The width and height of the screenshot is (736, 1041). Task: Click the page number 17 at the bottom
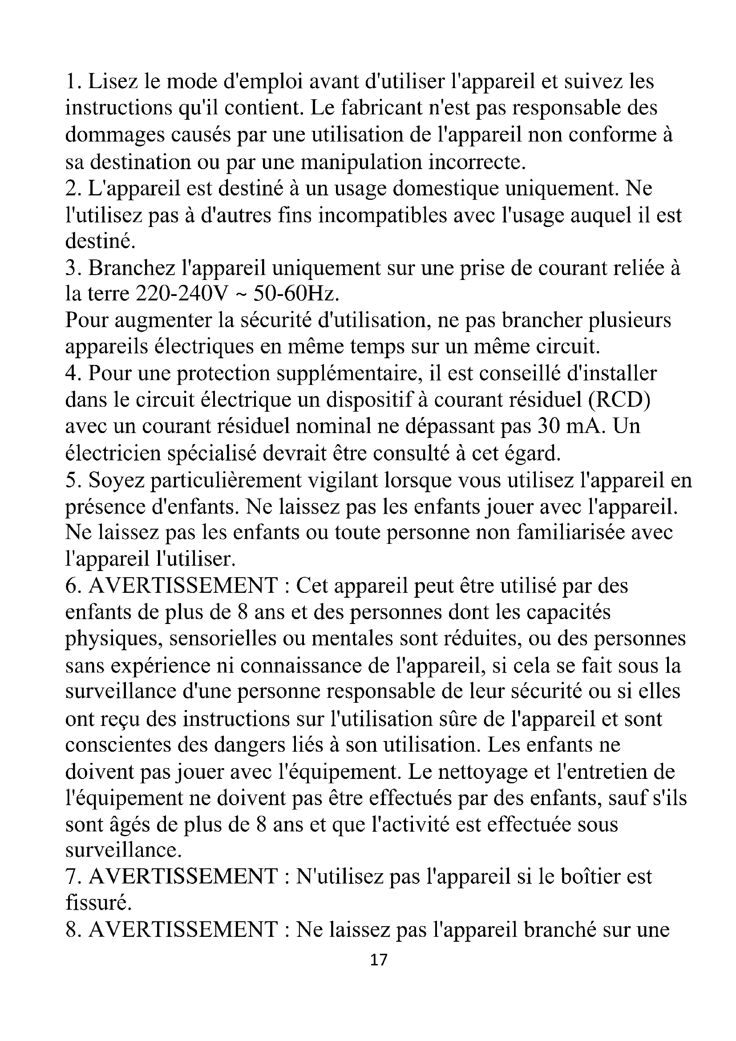pos(379,960)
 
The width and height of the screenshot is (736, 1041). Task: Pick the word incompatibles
pos(383,215)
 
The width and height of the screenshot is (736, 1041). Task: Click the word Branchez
pos(131,267)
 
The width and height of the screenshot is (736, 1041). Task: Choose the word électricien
pos(113,454)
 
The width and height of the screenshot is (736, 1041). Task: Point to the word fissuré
pos(98,903)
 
